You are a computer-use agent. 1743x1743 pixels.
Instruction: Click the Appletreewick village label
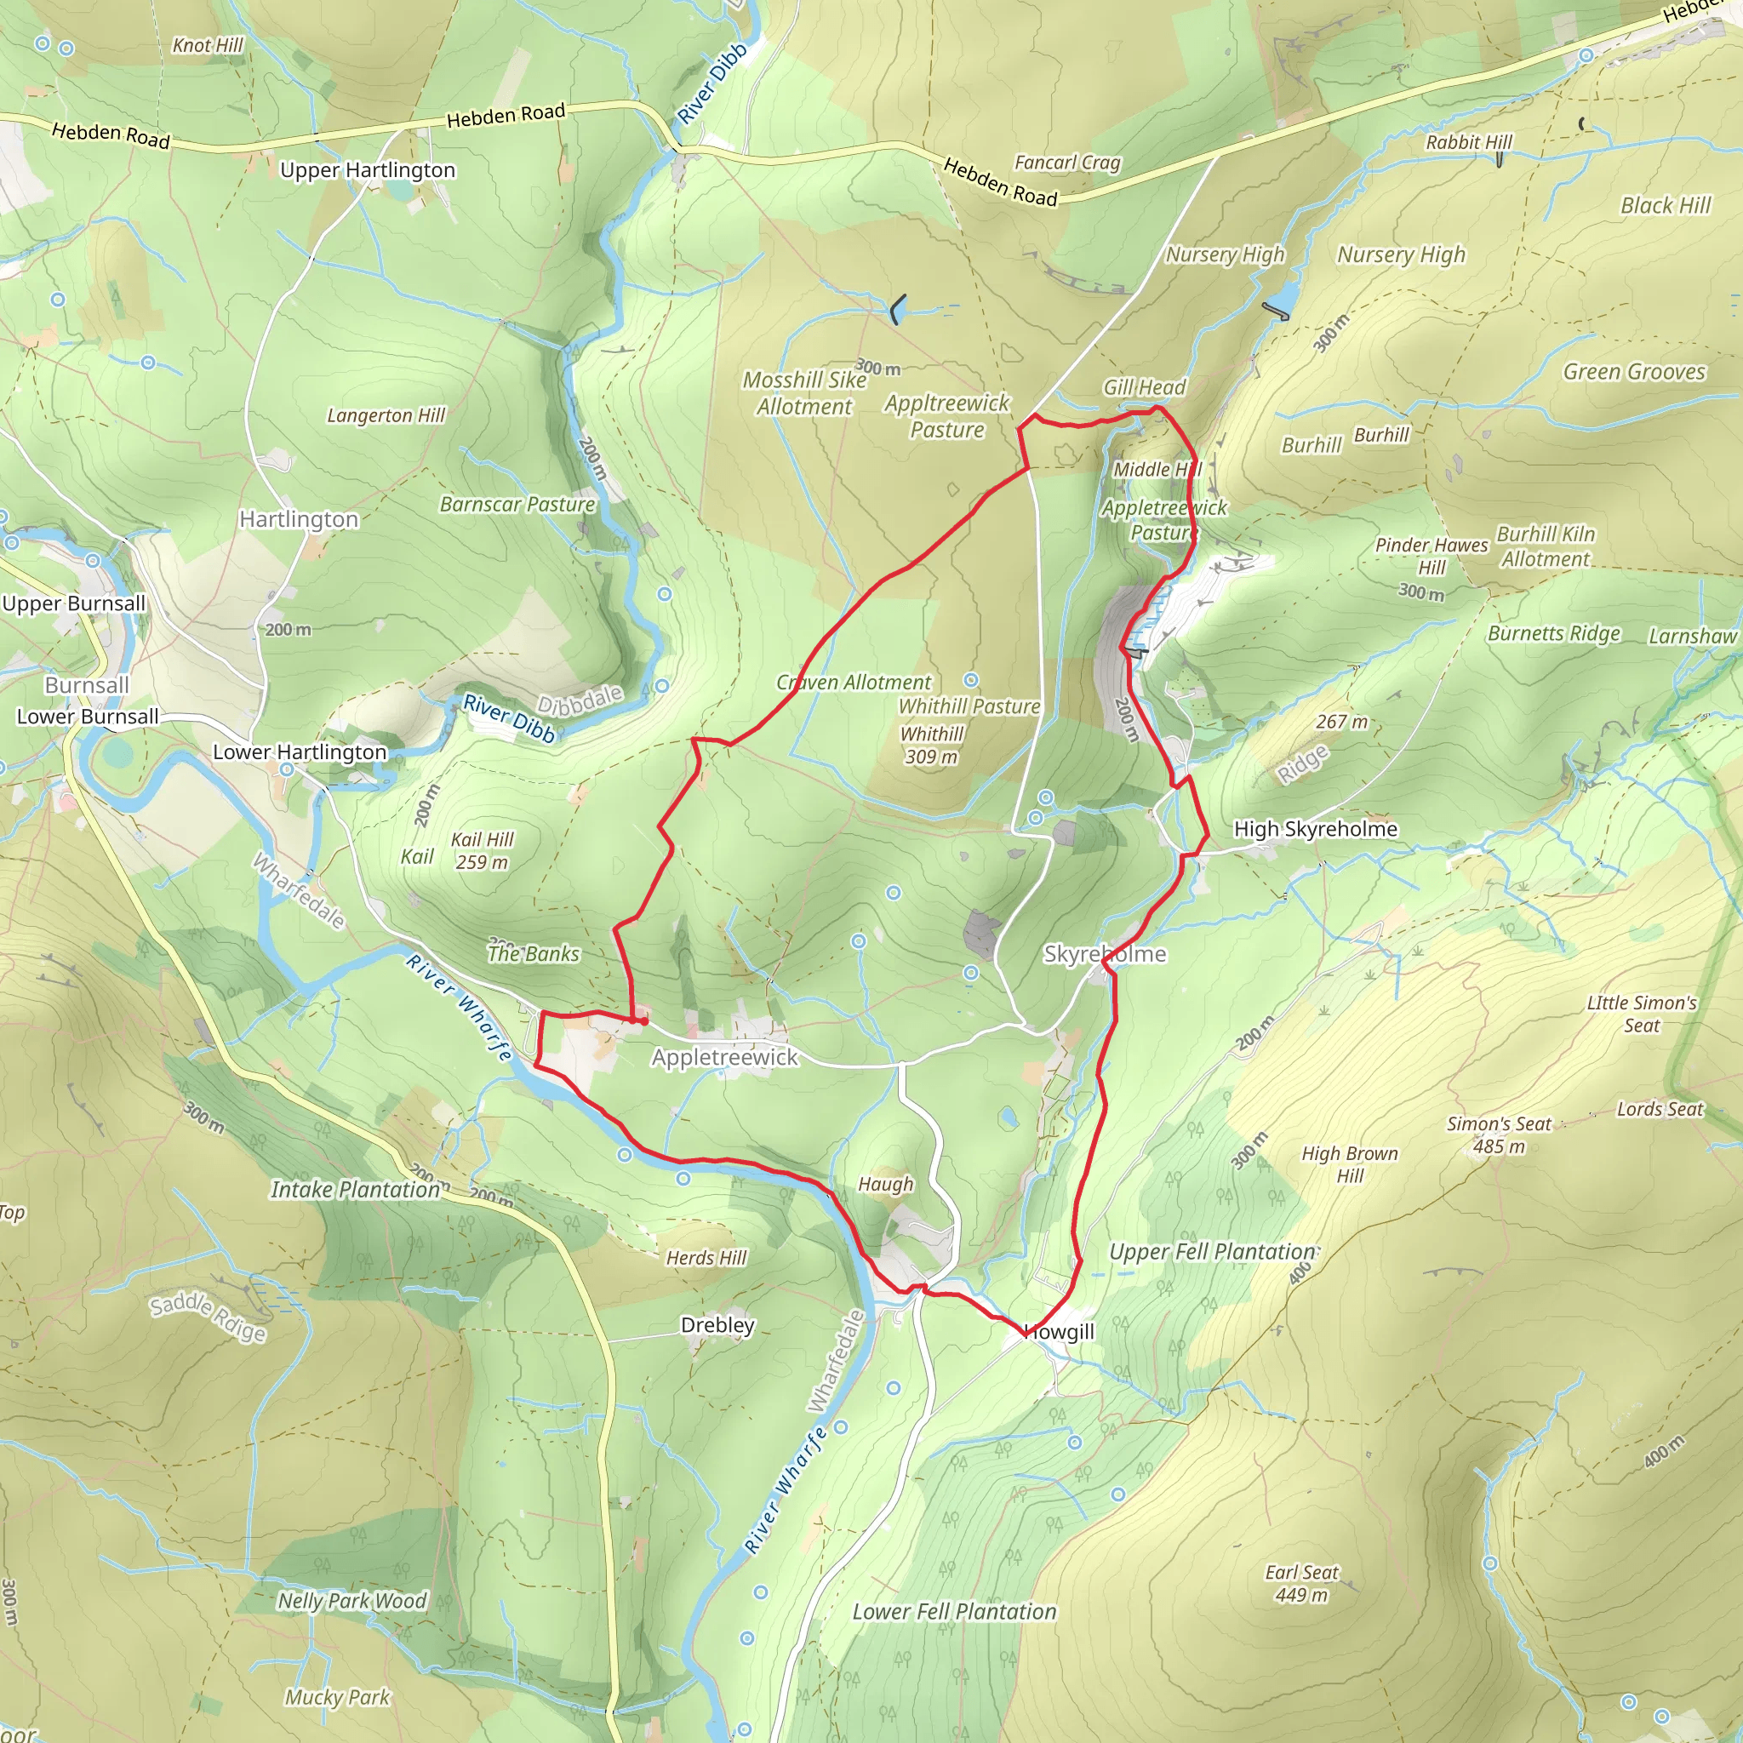[724, 1056]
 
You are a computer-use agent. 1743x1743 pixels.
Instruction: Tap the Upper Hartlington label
[367, 169]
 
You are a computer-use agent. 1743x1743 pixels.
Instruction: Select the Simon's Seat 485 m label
[1499, 1134]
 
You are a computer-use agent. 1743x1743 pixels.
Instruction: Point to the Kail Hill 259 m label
[482, 851]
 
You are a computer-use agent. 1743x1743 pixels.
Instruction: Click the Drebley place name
[717, 1324]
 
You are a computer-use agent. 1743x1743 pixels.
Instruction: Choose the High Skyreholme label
[1316, 828]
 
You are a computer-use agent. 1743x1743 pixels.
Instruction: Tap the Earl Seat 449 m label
[1301, 1582]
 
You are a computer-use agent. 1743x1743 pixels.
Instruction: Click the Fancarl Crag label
[1067, 163]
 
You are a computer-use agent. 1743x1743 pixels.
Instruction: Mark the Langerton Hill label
[386, 415]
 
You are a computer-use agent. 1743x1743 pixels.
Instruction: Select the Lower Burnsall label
[88, 717]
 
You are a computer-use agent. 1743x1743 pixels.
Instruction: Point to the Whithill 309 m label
[932, 746]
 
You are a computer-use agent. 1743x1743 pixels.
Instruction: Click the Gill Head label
[1144, 387]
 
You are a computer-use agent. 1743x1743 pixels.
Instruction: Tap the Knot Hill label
[208, 45]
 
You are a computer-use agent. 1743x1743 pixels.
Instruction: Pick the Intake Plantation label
[356, 1189]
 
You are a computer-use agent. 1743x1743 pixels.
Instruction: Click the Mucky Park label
[337, 1697]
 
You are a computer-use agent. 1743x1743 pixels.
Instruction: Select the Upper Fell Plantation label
[1213, 1251]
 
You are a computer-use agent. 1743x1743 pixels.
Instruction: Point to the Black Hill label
[1666, 206]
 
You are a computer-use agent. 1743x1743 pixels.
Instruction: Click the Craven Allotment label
[854, 682]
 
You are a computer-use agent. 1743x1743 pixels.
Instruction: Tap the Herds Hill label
[706, 1258]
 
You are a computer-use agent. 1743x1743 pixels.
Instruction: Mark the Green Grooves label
[1634, 372]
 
